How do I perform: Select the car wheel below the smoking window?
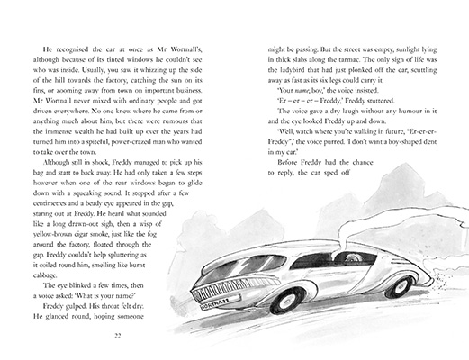pos(397,286)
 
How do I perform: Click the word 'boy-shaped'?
pos(406,166)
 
